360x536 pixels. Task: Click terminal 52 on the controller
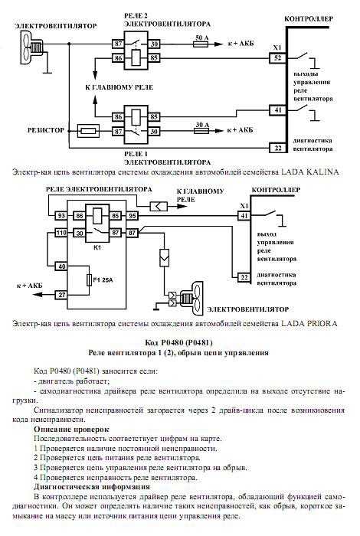pos(277,57)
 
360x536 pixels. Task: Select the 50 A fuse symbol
pos(201,44)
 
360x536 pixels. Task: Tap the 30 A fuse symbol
pos(201,131)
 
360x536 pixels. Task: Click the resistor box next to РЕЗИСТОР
pos(89,131)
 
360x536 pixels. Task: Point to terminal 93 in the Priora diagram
pos(61,216)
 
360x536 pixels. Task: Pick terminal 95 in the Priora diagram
pos(132,216)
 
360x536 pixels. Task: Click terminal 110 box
pos(61,233)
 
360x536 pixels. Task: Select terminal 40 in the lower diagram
pos(61,266)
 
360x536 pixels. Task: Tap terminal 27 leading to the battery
pos(61,295)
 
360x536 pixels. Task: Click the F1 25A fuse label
pos(103,280)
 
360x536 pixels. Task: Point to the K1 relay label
pos(97,247)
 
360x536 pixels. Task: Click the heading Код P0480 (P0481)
pos(178,342)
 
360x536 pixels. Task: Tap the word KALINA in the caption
pos(309,172)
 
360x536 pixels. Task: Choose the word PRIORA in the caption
pos(309,323)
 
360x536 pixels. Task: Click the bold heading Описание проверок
pos(71,429)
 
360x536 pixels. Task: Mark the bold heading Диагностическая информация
pos(92,486)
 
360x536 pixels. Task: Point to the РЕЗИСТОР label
pos(46,130)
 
